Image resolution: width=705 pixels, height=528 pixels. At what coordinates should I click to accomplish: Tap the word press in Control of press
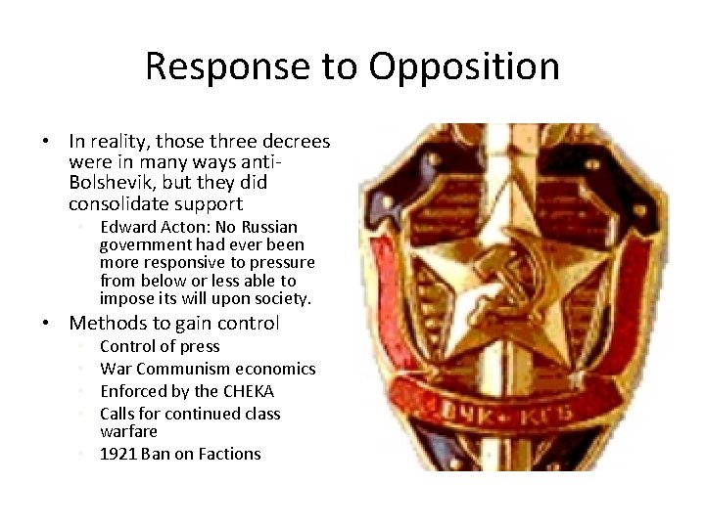point(199,346)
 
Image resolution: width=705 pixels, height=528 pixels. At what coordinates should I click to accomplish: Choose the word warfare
point(128,431)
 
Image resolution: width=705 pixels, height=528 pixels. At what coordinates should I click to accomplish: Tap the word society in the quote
point(280,298)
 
